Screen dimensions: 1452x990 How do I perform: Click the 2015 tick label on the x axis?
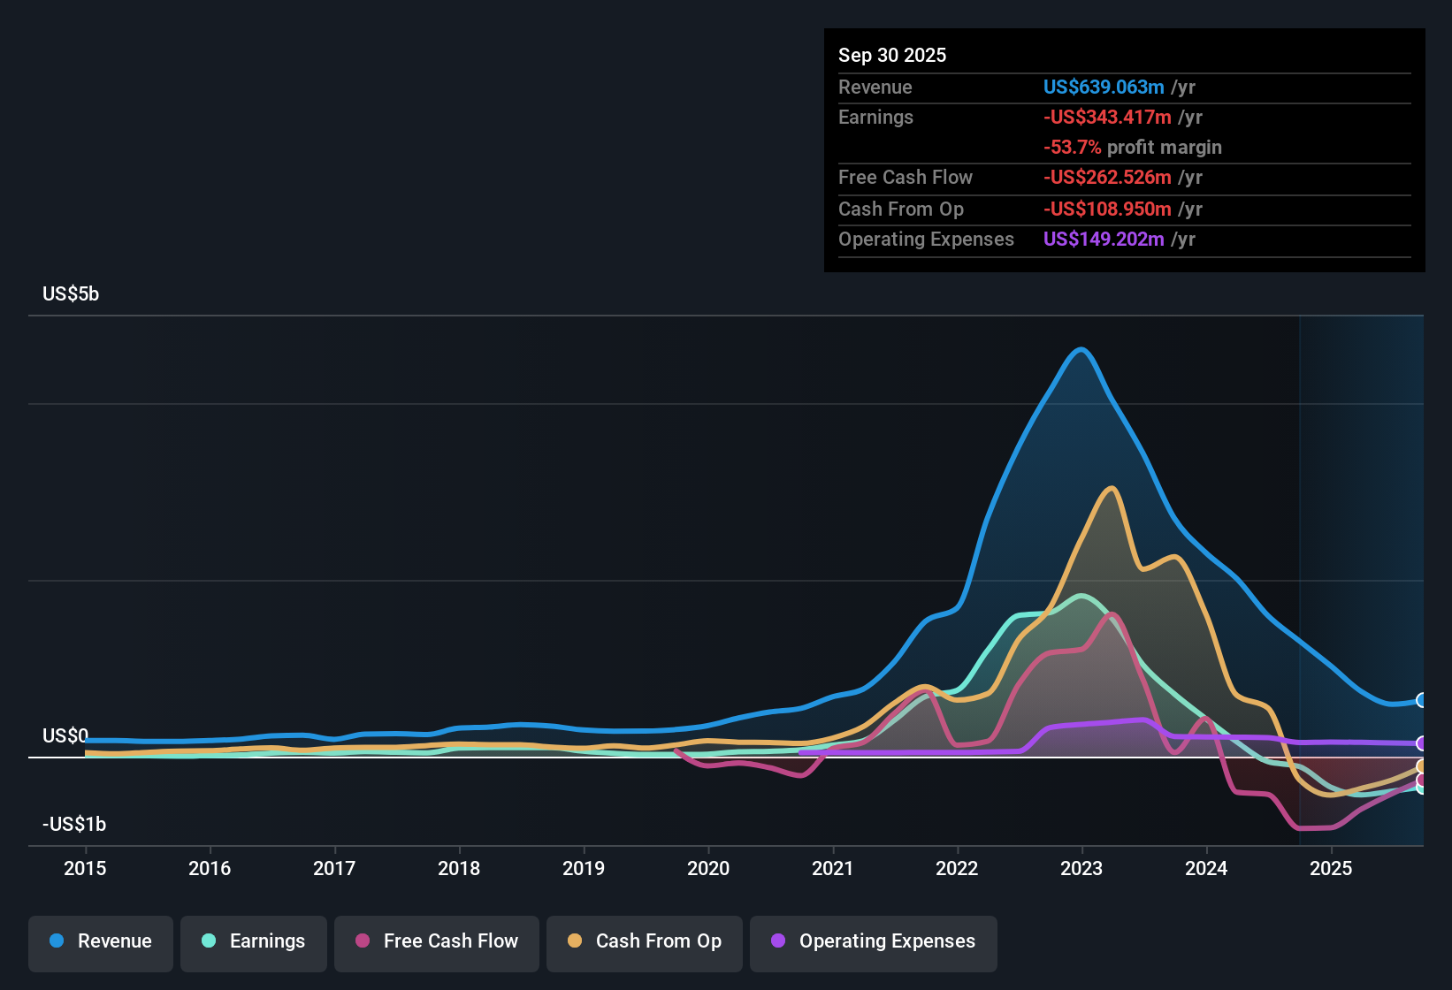85,868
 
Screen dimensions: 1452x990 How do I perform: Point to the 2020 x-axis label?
708,868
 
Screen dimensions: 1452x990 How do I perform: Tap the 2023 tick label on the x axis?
1081,868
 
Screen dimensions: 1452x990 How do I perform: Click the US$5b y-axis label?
71,294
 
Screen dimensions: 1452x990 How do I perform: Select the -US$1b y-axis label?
74,824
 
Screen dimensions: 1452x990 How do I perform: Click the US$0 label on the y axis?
65,736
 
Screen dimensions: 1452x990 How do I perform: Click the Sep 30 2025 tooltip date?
892,56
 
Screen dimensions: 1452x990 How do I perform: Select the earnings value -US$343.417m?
1107,118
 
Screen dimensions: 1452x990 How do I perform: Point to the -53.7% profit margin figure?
1072,148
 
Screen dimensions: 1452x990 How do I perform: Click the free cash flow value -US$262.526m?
1107,178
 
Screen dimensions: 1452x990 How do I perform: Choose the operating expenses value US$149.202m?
1104,239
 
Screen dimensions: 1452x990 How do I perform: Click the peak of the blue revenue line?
1081,350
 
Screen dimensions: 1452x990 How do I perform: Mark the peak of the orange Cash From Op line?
1112,488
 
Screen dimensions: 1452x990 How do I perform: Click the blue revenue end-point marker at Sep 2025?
1420,700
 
